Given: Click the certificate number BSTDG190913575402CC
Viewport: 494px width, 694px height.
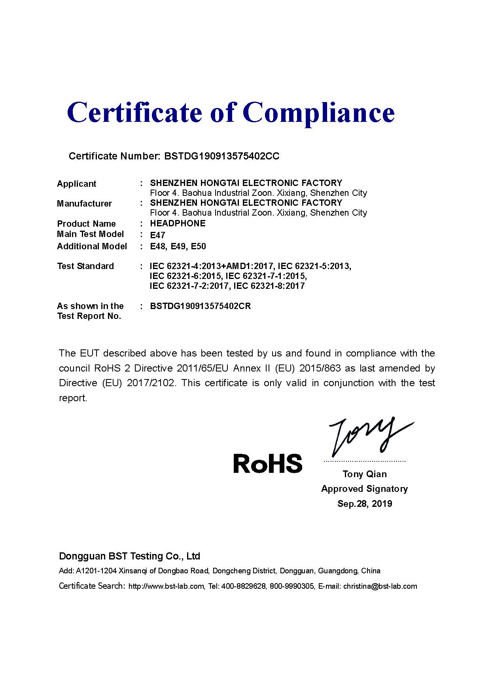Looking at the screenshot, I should pyautogui.click(x=221, y=156).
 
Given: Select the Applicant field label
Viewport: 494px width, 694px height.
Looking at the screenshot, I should pyautogui.click(x=76, y=184).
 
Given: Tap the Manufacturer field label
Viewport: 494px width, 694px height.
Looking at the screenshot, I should pyautogui.click(x=84, y=203).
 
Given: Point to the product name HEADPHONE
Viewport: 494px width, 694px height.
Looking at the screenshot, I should pyautogui.click(x=178, y=223).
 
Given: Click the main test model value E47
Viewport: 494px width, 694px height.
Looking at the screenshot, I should pyautogui.click(x=157, y=235).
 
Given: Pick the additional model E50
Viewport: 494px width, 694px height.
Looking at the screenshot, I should pyautogui.click(x=198, y=246).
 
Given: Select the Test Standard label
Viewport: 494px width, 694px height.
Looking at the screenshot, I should pyautogui.click(x=85, y=266).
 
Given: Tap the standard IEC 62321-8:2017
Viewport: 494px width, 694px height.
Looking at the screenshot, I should pyautogui.click(x=269, y=286).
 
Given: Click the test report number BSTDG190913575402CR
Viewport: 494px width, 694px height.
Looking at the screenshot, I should pyautogui.click(x=201, y=306).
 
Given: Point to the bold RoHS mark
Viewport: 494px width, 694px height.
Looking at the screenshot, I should pyautogui.click(x=268, y=463).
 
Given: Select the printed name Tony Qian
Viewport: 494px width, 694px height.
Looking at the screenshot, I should pyautogui.click(x=365, y=474).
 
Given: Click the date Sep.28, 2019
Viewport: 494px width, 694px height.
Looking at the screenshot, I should pyautogui.click(x=365, y=504).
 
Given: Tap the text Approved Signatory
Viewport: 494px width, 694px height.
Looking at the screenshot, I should pyautogui.click(x=364, y=489).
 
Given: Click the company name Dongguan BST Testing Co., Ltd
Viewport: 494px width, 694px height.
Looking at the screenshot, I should pyautogui.click(x=129, y=556).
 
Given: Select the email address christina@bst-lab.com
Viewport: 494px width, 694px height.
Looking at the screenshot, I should pyautogui.click(x=380, y=586).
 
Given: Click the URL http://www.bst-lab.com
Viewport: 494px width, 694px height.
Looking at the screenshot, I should pyautogui.click(x=167, y=586).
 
